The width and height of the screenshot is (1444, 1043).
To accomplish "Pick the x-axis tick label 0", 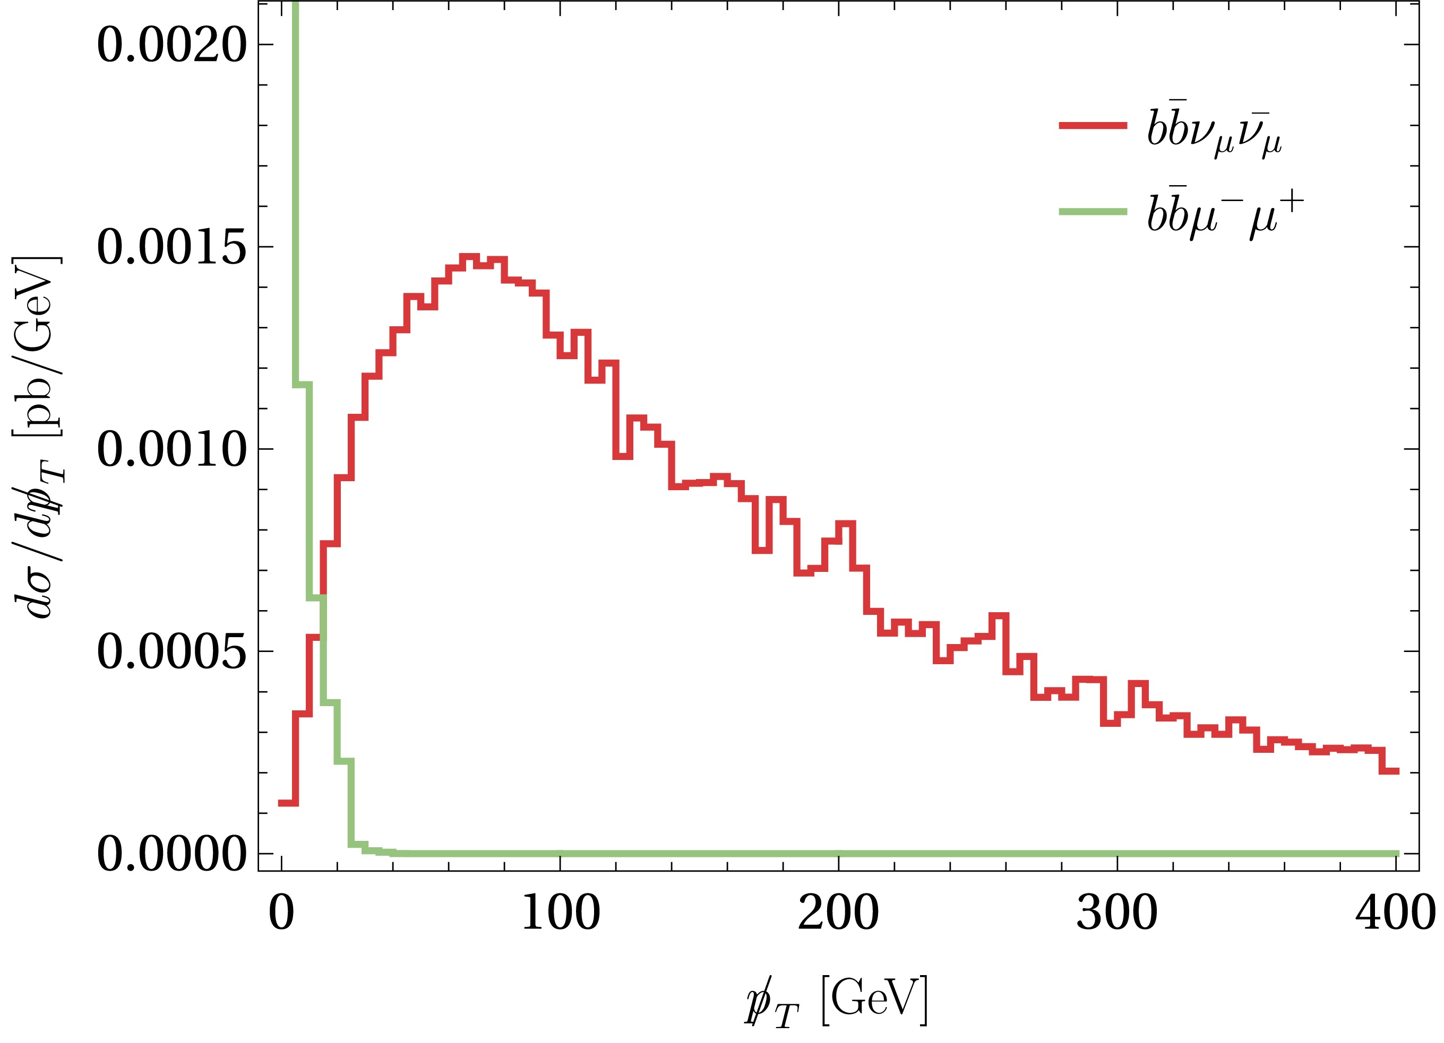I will pyautogui.click(x=281, y=914).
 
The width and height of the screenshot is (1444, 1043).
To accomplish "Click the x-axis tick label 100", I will pyautogui.click(x=560, y=914).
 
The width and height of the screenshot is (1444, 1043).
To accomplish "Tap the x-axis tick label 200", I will pyautogui.click(x=838, y=914).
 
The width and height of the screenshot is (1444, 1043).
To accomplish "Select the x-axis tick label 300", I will pyautogui.click(x=1117, y=914).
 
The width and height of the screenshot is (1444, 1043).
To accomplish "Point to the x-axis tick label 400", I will pyautogui.click(x=1394, y=914).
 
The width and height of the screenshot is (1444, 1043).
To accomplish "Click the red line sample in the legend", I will pyautogui.click(x=1093, y=125).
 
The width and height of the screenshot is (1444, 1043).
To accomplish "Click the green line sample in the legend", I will pyautogui.click(x=1093, y=212).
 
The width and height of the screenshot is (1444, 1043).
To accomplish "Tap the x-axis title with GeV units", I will pyautogui.click(x=836, y=1002).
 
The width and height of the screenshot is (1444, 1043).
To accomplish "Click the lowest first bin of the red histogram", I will pyautogui.click(x=288, y=803).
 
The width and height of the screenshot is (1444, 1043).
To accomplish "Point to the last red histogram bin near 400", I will pyautogui.click(x=1389, y=771).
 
